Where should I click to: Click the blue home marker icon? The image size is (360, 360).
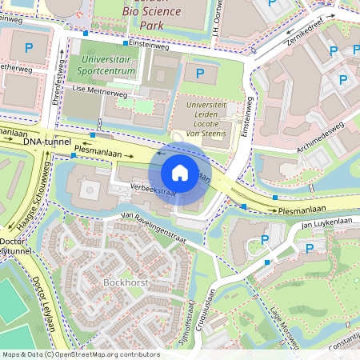pos(179,173)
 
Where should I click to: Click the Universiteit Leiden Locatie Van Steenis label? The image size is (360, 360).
pos(212,119)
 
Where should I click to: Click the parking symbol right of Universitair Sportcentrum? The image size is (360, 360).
pos(200,74)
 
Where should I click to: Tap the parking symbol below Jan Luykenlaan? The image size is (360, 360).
pos(309,248)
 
